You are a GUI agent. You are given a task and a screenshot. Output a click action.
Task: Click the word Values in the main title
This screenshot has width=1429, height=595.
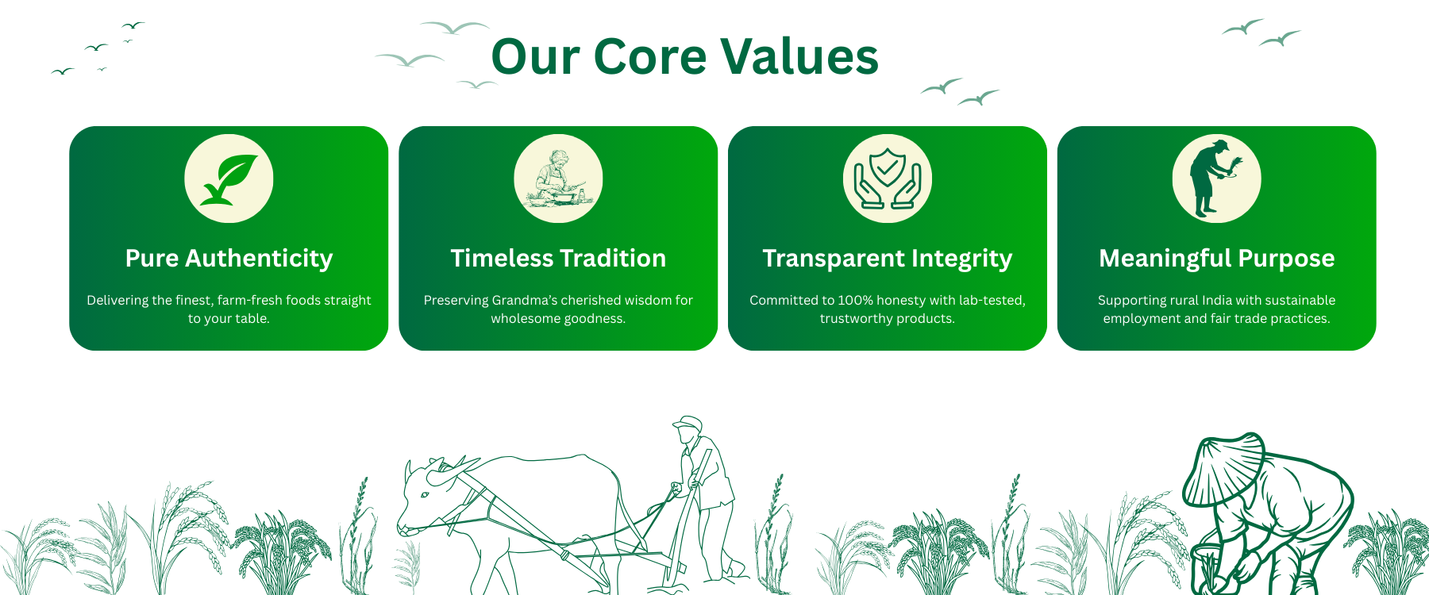799,56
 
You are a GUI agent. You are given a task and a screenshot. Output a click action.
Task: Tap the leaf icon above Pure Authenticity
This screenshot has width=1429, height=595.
229,178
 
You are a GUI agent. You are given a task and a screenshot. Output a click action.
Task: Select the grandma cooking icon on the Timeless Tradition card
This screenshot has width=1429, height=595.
558,178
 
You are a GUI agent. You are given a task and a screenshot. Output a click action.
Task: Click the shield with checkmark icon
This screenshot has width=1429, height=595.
888,178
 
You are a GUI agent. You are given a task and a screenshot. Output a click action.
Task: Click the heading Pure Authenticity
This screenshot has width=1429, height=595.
229,259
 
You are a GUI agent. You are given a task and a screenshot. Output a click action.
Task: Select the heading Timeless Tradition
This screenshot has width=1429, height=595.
558,258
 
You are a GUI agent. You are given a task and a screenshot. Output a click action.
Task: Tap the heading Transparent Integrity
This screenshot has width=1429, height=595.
888,259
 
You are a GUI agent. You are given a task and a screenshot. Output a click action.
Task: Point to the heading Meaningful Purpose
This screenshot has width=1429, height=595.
1216,259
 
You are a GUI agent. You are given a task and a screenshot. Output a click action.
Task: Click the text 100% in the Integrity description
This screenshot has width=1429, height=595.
855,300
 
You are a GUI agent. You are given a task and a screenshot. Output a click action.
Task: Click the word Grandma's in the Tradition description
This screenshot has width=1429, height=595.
525,300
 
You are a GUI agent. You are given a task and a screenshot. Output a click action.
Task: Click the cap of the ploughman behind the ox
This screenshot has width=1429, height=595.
688,423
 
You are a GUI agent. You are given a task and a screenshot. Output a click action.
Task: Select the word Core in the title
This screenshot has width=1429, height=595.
649,56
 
